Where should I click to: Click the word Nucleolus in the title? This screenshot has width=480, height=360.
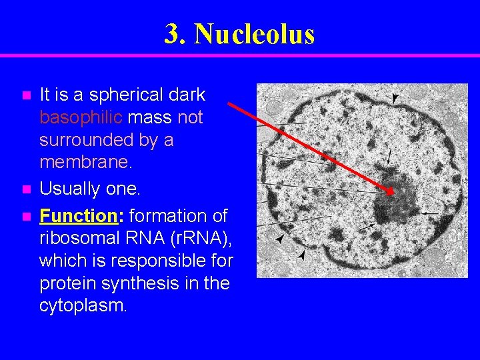[254, 34]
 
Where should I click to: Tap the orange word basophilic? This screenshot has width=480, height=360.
[81, 118]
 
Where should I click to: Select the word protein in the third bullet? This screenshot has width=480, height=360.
[63, 283]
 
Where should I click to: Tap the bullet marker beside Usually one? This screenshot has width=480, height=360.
[26, 190]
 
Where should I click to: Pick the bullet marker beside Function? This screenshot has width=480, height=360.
[26, 217]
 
